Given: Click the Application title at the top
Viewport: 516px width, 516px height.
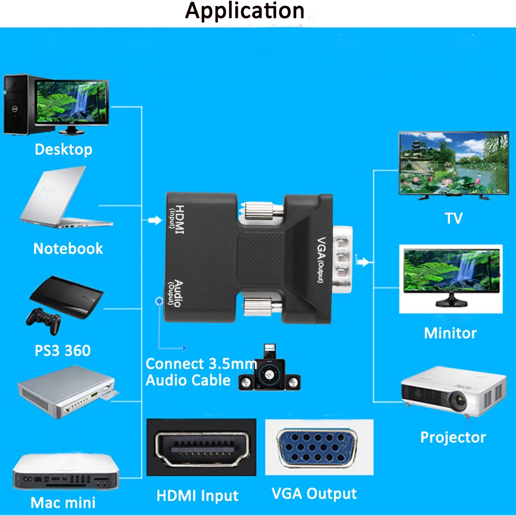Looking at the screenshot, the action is [x=245, y=11].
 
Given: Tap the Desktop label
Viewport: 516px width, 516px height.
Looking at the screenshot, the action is [x=63, y=150].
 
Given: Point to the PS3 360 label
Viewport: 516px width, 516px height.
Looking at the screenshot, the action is [x=62, y=351].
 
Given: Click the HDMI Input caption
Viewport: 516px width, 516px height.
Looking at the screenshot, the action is [x=198, y=496].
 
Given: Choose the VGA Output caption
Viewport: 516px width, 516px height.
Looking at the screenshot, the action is [x=314, y=494].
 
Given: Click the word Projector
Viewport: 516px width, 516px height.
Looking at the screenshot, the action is [x=453, y=438].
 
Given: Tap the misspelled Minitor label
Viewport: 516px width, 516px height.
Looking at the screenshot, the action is [x=450, y=333].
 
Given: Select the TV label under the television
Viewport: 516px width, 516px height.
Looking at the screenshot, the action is [x=454, y=218].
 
